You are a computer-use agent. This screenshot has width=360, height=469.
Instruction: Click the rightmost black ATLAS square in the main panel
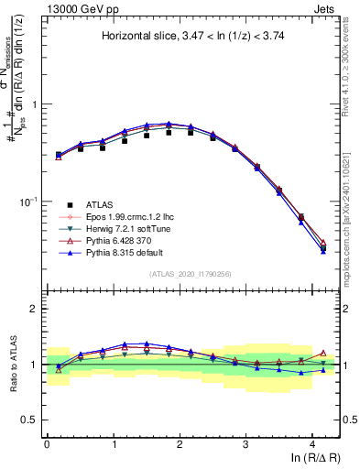click(323, 247)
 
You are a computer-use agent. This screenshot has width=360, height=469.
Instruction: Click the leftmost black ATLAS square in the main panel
click(59, 155)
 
